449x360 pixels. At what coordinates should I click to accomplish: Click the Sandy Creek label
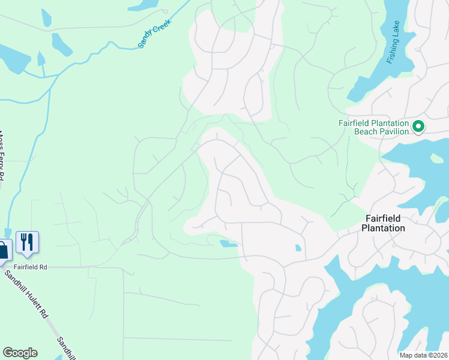(x=155, y=33)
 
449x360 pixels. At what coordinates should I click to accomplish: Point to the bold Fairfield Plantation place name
(x=384, y=223)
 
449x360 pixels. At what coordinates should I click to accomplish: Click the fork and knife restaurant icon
(x=27, y=242)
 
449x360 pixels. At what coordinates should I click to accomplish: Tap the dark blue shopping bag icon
(x=3, y=251)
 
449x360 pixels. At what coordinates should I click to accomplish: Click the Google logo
(x=20, y=353)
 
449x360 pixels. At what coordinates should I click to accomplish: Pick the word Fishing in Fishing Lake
(x=393, y=53)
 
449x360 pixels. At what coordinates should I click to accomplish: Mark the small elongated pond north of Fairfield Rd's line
(x=228, y=244)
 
